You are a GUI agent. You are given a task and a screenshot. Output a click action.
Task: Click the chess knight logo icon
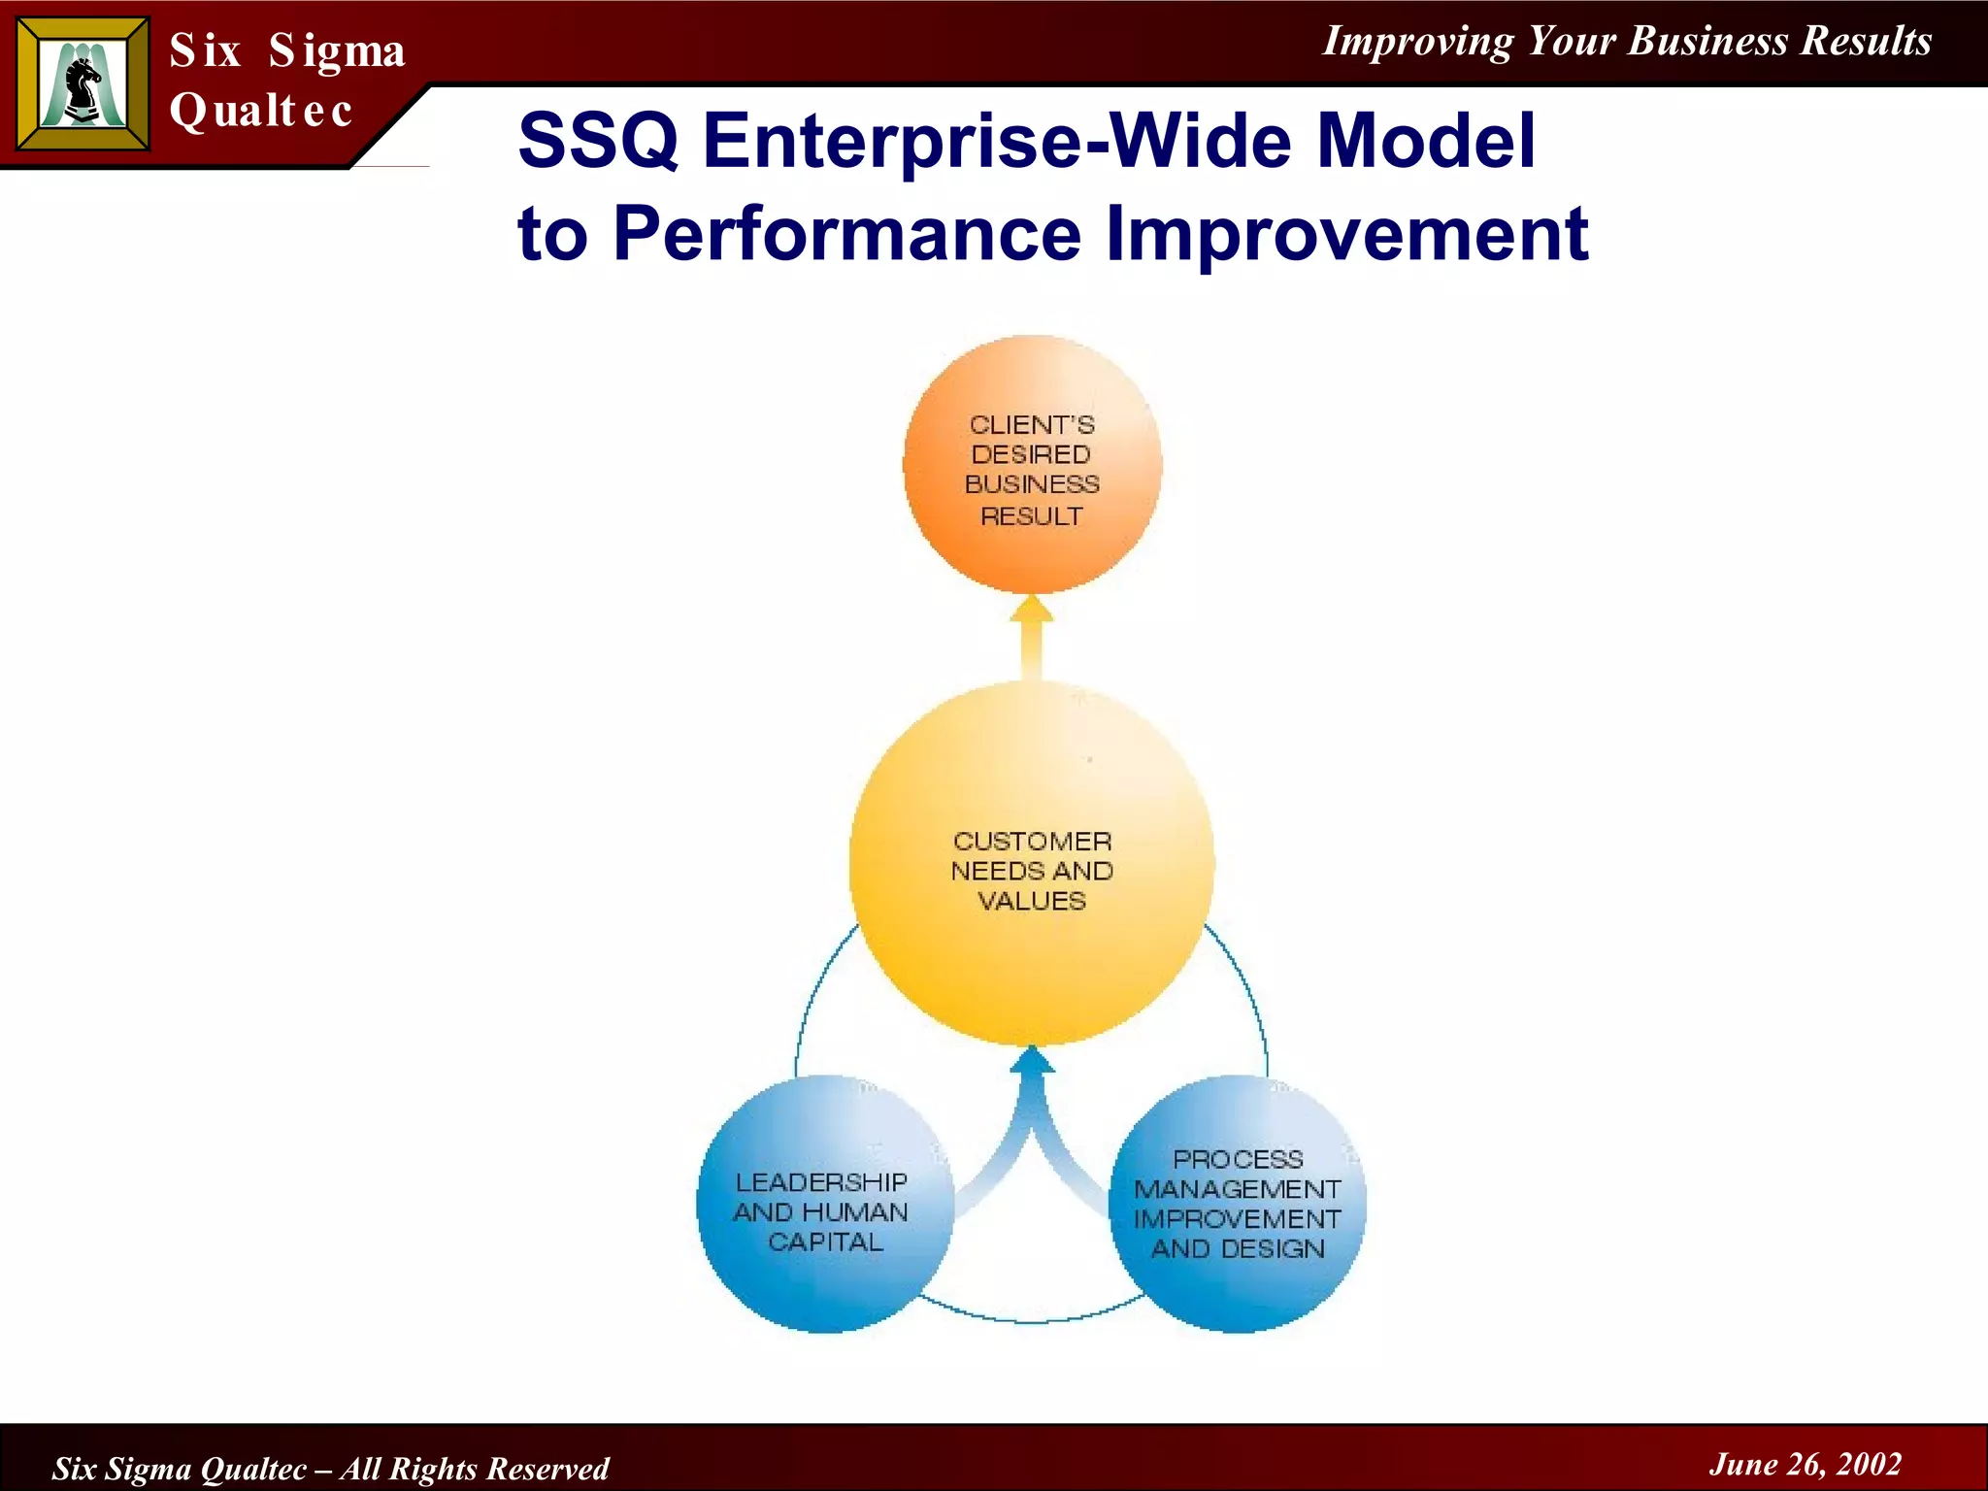click(83, 85)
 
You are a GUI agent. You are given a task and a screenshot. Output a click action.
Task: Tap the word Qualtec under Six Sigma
click(260, 110)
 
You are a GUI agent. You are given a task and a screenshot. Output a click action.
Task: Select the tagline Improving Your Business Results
click(1627, 41)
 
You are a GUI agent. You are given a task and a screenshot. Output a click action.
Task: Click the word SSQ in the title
click(598, 141)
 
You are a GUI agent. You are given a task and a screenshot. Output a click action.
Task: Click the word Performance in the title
click(846, 234)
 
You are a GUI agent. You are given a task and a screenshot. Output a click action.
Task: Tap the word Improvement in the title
click(1347, 234)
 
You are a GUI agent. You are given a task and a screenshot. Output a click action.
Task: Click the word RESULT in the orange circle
click(1031, 516)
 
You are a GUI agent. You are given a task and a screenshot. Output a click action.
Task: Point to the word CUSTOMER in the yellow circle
click(1032, 842)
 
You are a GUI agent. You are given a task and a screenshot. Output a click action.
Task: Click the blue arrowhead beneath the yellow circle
click(1032, 1061)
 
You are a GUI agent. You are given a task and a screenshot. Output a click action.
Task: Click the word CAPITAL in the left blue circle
click(825, 1242)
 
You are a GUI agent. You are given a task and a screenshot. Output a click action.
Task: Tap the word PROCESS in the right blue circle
click(1238, 1159)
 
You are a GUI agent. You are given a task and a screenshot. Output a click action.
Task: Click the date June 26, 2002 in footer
click(1805, 1464)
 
